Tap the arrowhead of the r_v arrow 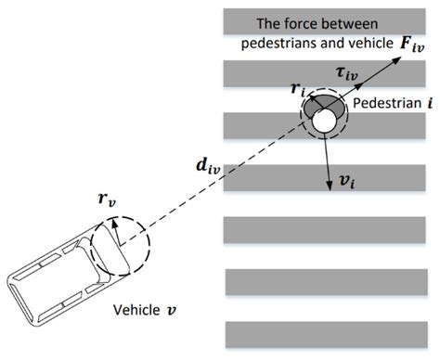coord(113,221)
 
